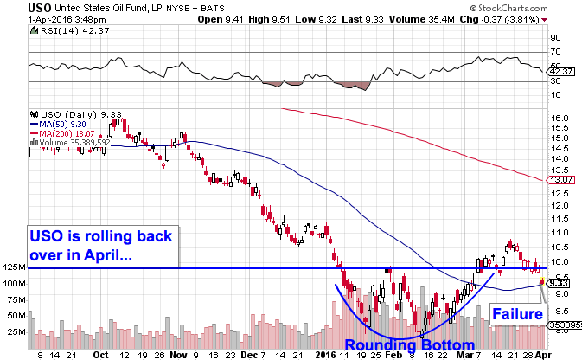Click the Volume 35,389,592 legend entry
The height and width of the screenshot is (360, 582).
pos(74,141)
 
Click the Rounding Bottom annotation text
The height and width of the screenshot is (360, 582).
pos(407,345)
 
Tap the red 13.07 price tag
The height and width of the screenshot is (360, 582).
pos(561,180)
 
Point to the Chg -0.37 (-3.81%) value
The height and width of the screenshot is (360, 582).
pos(509,19)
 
